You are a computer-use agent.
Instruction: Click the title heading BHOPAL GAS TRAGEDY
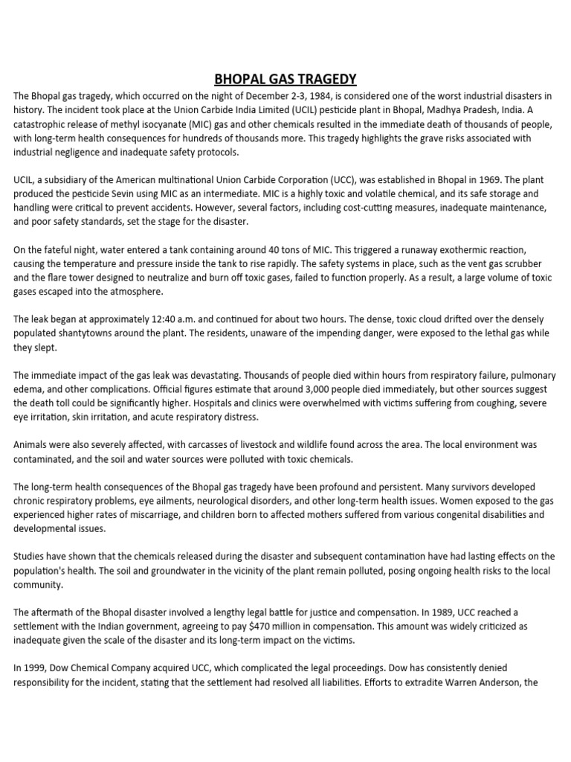point(285,79)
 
